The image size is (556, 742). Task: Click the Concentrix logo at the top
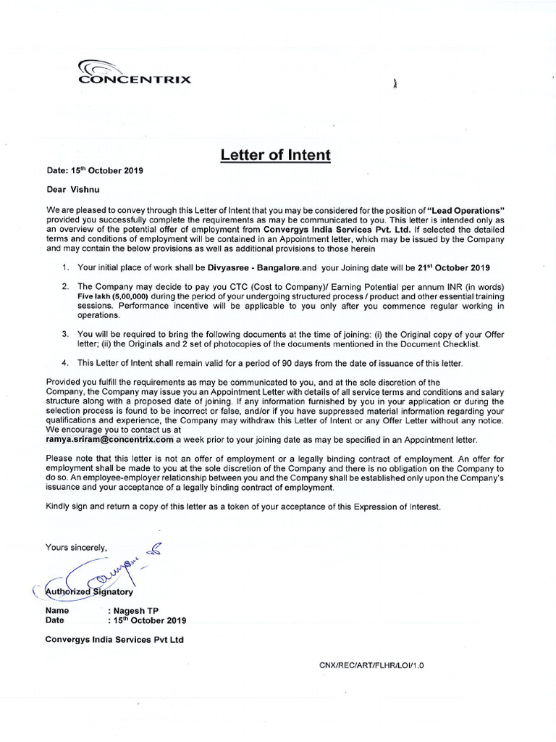click(135, 72)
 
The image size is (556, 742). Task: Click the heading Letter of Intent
click(276, 154)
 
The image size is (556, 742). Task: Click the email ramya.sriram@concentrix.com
click(109, 440)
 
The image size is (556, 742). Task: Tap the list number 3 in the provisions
click(64, 334)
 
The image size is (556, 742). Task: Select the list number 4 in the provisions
click(64, 362)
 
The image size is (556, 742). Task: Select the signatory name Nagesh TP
click(132, 611)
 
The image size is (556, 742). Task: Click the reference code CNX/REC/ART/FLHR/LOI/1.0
click(371, 664)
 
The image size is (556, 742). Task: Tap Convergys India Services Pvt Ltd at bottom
click(114, 639)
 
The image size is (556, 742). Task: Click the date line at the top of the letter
click(94, 171)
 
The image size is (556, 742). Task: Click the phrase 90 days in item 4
click(299, 362)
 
